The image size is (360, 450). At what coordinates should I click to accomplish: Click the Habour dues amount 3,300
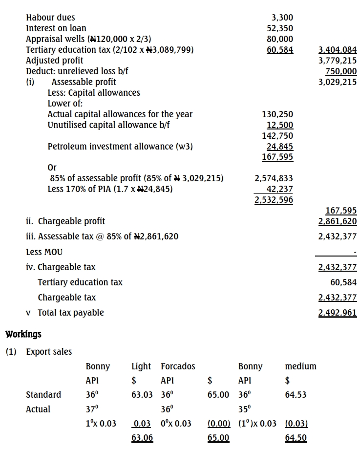tap(282, 18)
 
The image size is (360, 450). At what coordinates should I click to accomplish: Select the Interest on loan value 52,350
tap(280, 28)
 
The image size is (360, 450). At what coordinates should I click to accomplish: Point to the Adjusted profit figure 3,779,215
tap(338, 61)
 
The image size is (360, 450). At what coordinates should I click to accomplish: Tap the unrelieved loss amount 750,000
tap(341, 71)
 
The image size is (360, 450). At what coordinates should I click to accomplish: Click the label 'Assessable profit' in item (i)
tap(84, 82)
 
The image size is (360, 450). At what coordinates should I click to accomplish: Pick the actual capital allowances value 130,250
tap(277, 114)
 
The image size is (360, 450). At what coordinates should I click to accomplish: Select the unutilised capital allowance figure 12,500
tap(280, 125)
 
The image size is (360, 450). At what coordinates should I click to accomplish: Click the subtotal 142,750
tap(277, 136)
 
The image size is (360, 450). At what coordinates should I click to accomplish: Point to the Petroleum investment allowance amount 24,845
tap(280, 147)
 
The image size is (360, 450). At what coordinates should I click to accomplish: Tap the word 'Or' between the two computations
tap(52, 168)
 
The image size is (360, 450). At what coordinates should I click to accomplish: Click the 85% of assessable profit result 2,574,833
tap(274, 179)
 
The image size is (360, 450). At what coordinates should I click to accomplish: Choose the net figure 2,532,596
tap(274, 200)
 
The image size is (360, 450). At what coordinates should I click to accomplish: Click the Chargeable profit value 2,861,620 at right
tap(338, 221)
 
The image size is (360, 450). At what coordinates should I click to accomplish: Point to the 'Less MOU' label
tap(44, 252)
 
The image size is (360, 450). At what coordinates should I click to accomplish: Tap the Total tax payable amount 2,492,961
tap(338, 313)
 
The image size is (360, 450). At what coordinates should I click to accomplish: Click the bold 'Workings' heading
tap(23, 335)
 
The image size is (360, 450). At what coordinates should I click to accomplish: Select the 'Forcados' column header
tap(178, 366)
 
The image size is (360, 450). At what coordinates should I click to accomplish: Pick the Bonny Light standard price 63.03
tap(142, 395)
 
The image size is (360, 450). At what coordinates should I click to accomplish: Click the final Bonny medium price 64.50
tap(296, 438)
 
